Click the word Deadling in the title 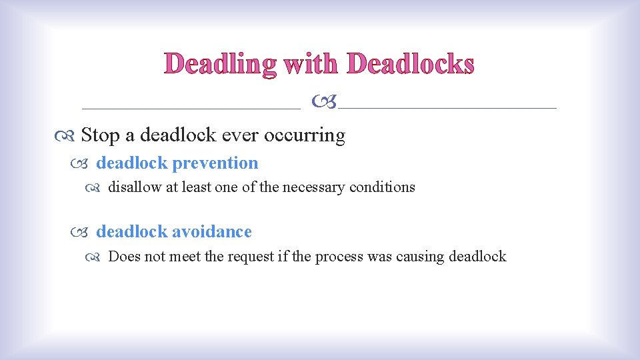pos(221,64)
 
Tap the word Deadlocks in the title pos(410,64)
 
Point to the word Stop pos(100,135)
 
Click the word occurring pos(305,135)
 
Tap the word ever pos(240,135)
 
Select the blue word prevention pos(215,163)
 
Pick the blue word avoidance pos(212,232)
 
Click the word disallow pos(135,187)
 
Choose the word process pos(339,257)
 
